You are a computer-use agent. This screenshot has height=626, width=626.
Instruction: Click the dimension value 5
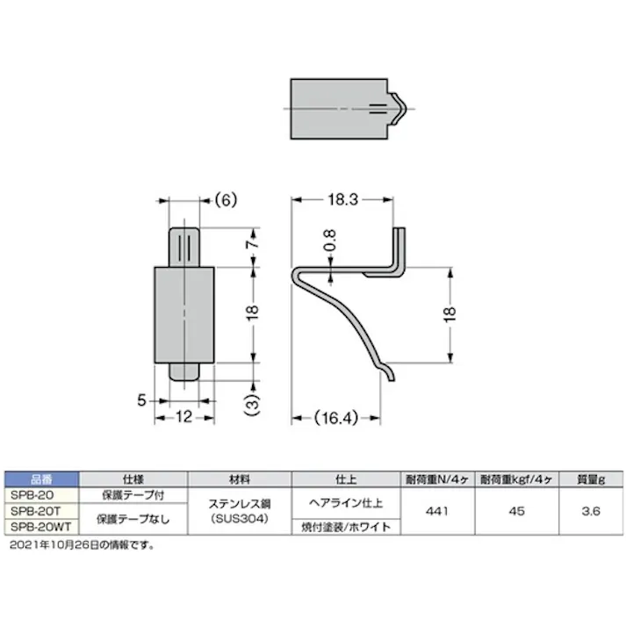[140, 400]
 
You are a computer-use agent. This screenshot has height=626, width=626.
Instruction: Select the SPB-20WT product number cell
[43, 528]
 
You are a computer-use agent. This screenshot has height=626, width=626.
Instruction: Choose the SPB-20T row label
[43, 510]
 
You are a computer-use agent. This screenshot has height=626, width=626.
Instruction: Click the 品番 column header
[43, 479]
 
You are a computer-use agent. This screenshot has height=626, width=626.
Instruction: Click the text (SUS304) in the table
[239, 519]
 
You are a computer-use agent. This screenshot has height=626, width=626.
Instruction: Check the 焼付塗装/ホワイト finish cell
[344, 528]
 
